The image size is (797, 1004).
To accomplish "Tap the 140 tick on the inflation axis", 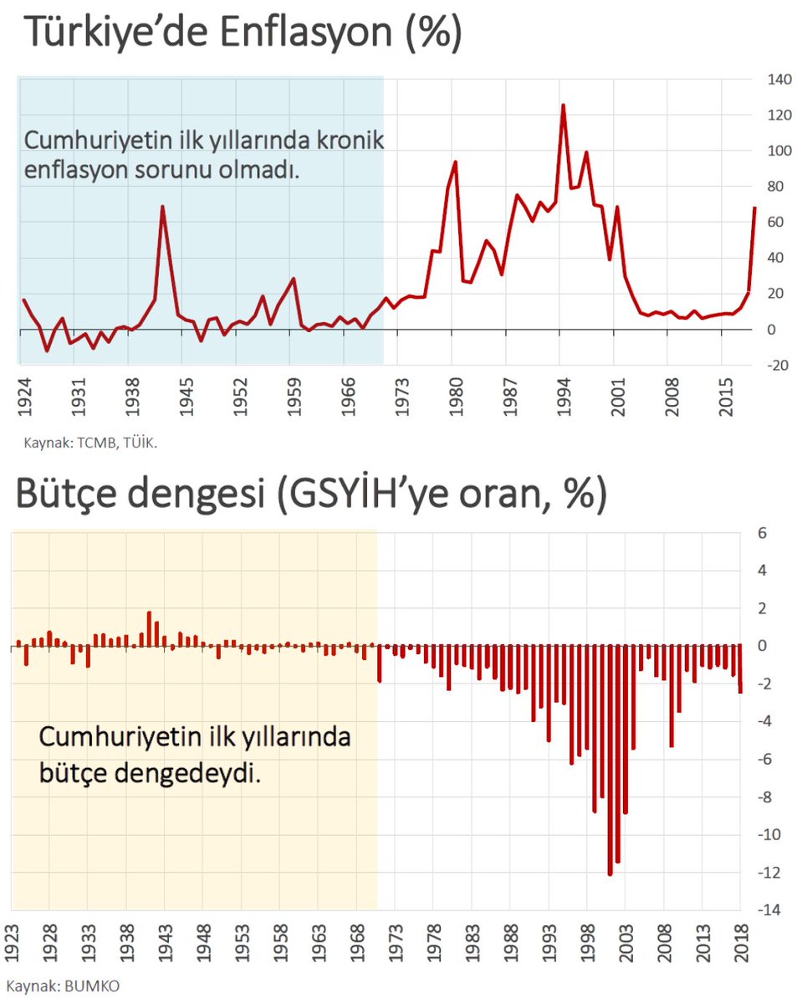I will pyautogui.click(x=770, y=79).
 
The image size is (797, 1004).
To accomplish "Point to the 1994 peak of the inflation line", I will pyautogui.click(x=563, y=105).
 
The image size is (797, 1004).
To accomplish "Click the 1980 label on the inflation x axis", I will pyautogui.click(x=453, y=405).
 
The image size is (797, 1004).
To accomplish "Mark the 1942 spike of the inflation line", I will pyautogui.click(x=162, y=207).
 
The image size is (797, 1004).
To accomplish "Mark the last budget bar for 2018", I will pyautogui.click(x=740, y=668).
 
